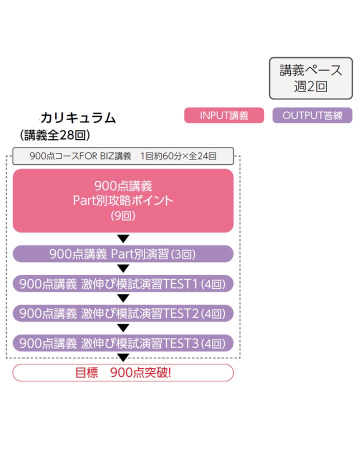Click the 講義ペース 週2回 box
click(310, 78)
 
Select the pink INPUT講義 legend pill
click(224, 115)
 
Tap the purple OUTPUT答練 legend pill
click(312, 115)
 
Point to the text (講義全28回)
click(54, 135)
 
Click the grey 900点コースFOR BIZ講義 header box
click(123, 156)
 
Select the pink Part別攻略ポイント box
click(123, 200)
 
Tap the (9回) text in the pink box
click(123, 216)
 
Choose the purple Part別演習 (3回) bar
click(123, 254)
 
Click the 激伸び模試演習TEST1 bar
click(123, 284)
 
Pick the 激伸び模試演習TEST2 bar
click(123, 313)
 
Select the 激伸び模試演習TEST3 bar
click(123, 343)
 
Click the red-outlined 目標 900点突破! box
click(123, 372)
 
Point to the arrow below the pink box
click(123, 238)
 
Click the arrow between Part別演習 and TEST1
click(123, 269)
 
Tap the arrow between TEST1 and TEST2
click(123, 298)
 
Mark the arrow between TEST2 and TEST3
click(123, 328)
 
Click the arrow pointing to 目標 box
click(123, 357)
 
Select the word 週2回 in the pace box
click(310, 86)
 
